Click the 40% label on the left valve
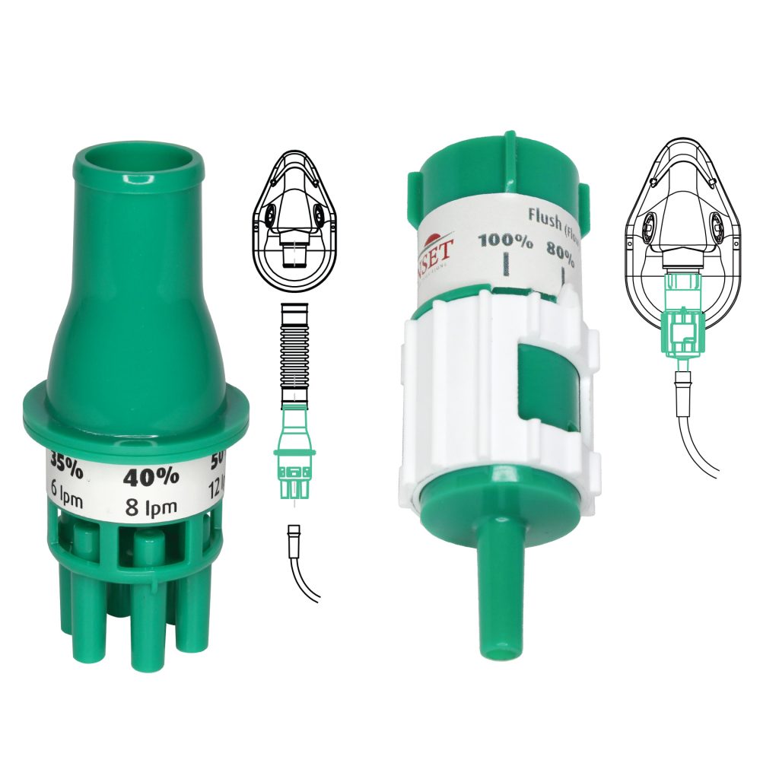151,478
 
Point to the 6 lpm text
67,491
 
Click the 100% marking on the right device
505,243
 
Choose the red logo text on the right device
438,248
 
